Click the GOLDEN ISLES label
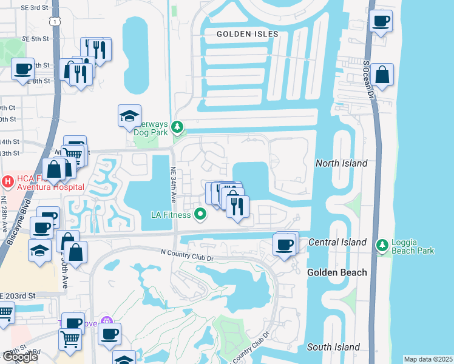click(x=248, y=35)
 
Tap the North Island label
click(x=341, y=163)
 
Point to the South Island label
click(x=333, y=347)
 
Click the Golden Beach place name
click(x=337, y=272)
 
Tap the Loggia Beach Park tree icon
click(x=382, y=245)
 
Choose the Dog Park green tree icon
click(x=177, y=127)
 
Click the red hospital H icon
click(x=7, y=181)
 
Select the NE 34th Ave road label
click(x=173, y=184)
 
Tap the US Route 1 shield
click(x=55, y=21)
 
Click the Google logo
click(x=20, y=357)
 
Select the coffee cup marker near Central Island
click(x=285, y=245)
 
